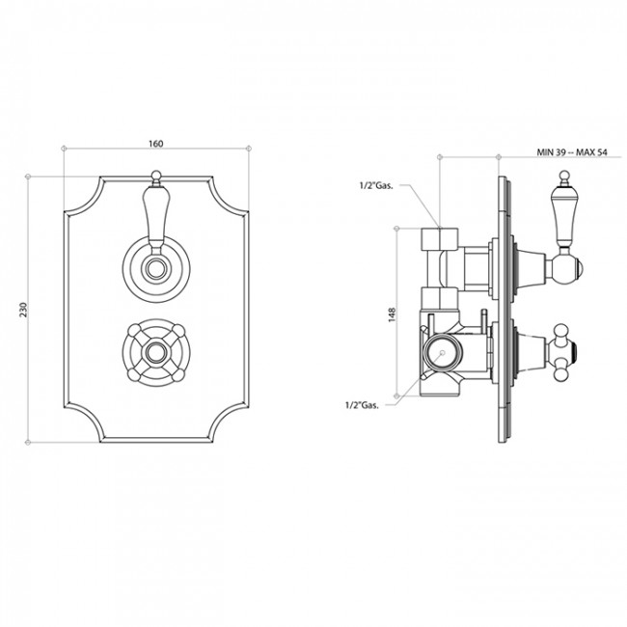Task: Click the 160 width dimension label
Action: point(156,144)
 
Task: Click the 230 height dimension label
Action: point(24,310)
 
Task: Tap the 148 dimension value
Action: point(392,314)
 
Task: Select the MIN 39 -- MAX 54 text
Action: point(572,152)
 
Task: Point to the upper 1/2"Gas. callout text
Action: point(376,185)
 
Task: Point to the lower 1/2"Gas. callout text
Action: point(362,405)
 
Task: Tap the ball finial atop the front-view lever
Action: point(156,176)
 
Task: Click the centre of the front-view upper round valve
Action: point(156,268)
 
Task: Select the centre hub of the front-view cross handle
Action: point(156,353)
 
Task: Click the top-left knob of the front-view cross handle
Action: point(133,330)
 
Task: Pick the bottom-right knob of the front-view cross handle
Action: point(178,375)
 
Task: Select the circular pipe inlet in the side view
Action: point(442,353)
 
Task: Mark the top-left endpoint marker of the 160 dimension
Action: point(64,149)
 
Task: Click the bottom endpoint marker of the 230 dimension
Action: point(28,442)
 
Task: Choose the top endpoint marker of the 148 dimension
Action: point(396,229)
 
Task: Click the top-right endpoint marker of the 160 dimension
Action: point(249,149)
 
